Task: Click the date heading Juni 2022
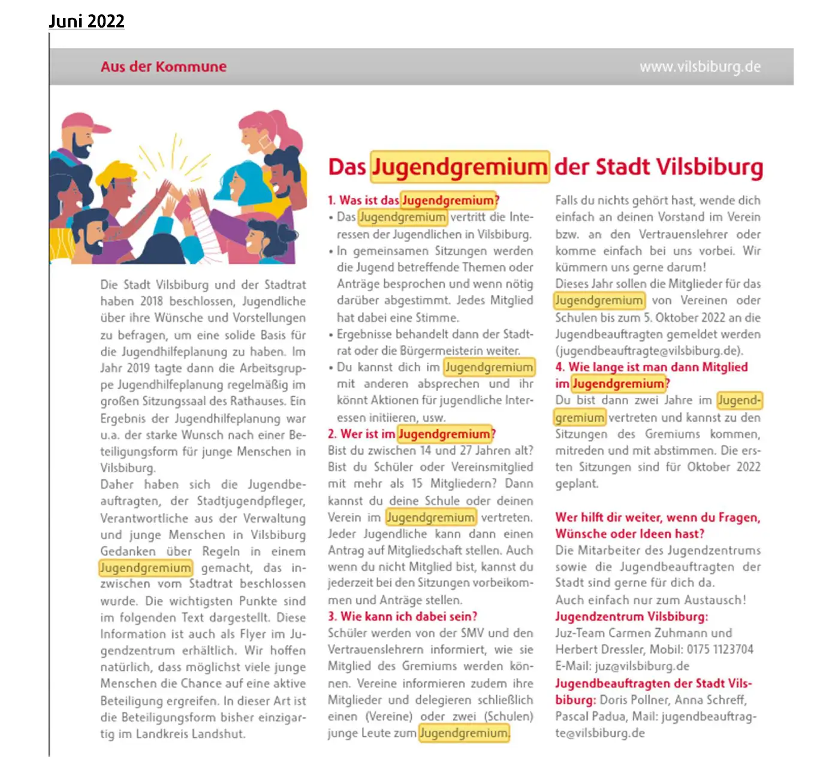86,21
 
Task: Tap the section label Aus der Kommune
163,66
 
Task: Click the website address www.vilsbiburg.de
700,66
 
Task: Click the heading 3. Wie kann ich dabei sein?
402,616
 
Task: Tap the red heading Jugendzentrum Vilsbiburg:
631,616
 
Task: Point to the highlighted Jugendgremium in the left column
145,568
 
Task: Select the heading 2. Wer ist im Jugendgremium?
411,434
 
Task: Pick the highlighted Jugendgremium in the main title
459,167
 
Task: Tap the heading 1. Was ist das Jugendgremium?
413,200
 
